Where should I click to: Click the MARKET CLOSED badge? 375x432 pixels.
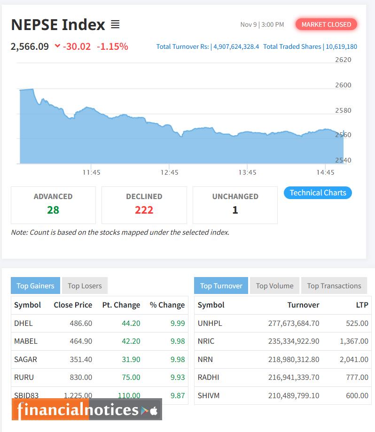click(326, 24)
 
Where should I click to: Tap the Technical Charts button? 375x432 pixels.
click(318, 193)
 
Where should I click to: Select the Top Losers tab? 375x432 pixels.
click(85, 285)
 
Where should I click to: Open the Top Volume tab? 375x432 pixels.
click(274, 285)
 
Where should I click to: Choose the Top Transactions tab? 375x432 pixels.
click(334, 285)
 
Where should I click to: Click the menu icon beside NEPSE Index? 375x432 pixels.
click(115, 24)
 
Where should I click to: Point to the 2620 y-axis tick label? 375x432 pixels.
click(343, 60)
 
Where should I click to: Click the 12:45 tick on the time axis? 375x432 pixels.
click(169, 172)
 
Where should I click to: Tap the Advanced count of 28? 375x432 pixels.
click(53, 210)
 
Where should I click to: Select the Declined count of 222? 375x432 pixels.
click(144, 210)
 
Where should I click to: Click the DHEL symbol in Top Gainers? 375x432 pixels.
click(23, 323)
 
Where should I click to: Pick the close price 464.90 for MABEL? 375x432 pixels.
click(79, 341)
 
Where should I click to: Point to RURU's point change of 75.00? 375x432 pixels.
click(131, 377)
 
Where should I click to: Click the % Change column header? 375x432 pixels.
click(167, 305)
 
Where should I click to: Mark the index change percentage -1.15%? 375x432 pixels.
click(112, 46)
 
